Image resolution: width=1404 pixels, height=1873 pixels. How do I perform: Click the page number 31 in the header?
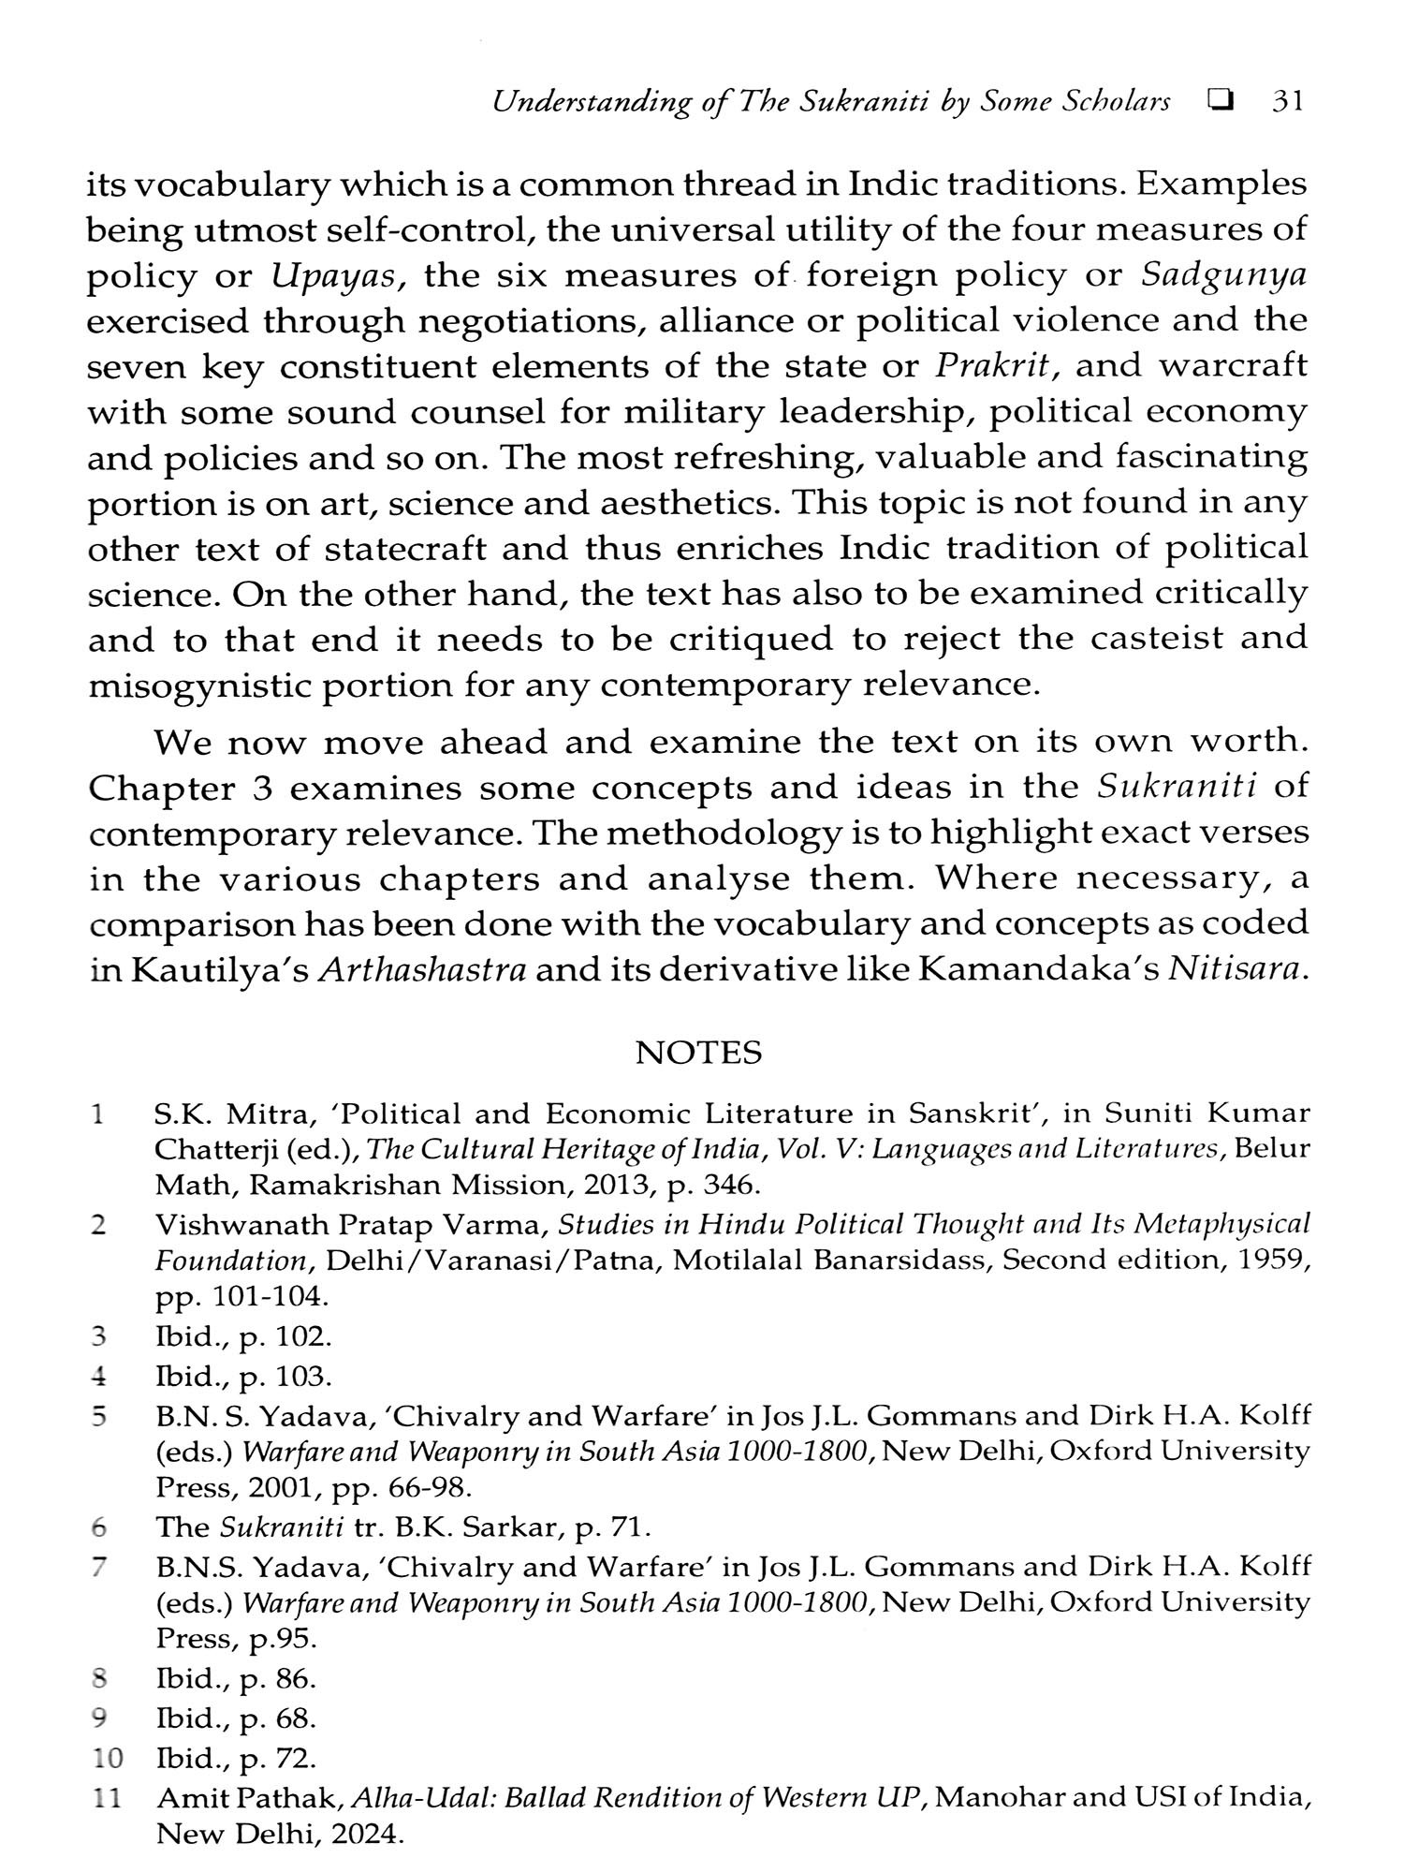(1288, 102)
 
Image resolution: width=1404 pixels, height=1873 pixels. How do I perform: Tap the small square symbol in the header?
(1219, 102)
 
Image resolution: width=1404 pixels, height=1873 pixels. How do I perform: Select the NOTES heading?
(698, 1054)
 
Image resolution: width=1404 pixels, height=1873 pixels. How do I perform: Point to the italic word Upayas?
(337, 276)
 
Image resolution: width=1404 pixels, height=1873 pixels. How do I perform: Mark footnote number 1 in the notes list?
(97, 1114)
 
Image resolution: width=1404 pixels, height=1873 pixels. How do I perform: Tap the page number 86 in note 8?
(299, 1679)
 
